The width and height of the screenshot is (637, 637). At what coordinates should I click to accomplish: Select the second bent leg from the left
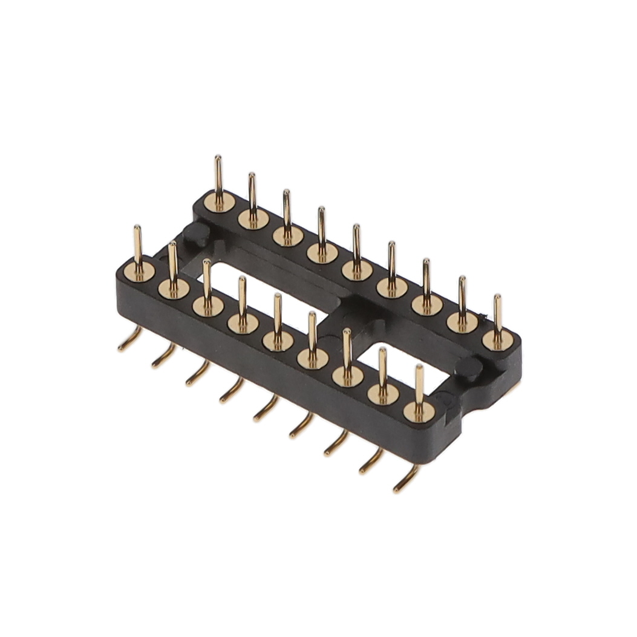[163, 358]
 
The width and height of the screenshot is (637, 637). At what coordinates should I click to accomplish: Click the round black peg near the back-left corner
[197, 235]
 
